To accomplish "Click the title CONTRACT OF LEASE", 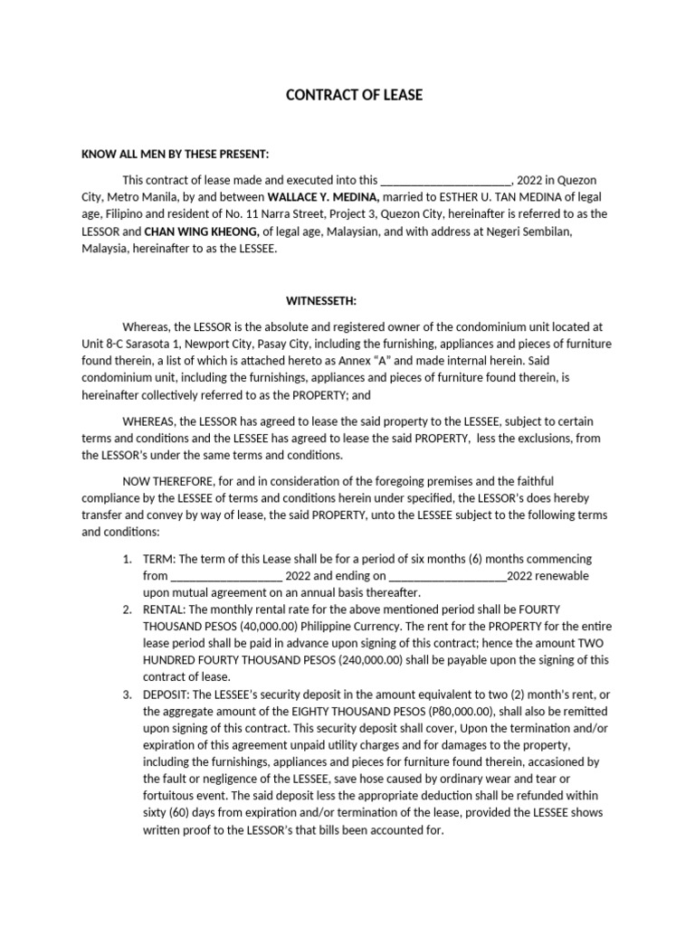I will tap(354, 95).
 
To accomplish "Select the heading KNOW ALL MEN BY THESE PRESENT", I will tap(176, 155).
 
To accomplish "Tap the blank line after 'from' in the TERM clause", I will tap(225, 575).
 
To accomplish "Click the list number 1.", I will tap(127, 559).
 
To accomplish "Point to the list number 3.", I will tap(127, 694).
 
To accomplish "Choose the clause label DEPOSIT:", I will tap(167, 694).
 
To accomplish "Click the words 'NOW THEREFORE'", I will tap(167, 481).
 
